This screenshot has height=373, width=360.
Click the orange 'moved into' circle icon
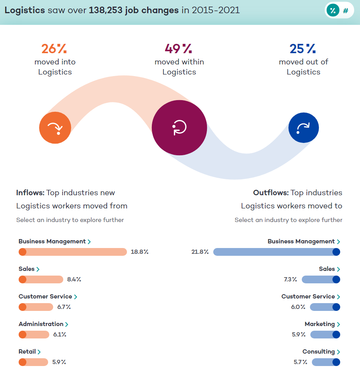[55, 128]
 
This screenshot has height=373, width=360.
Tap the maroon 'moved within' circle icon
[179, 128]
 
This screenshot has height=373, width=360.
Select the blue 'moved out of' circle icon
[303, 128]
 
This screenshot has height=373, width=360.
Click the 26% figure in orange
[54, 49]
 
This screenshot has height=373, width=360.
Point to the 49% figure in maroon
[178, 49]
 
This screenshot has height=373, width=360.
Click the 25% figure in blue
[303, 49]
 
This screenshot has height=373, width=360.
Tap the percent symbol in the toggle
[332, 10]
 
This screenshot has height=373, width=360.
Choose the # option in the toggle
[345, 10]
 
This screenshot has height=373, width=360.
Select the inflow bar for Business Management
[73, 252]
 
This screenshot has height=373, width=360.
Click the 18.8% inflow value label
[139, 252]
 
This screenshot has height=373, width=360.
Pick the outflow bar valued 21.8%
[277, 252]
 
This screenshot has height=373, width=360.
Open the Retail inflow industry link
[30, 352]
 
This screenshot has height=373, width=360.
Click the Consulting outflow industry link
[321, 352]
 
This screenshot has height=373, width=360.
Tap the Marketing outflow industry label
[322, 324]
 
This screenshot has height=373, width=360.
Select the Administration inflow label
[43, 324]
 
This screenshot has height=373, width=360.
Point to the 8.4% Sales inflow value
[74, 279]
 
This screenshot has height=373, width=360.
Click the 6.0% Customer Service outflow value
[298, 307]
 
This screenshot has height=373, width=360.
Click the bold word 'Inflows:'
[30, 193]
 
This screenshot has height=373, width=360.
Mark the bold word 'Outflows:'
[271, 193]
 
